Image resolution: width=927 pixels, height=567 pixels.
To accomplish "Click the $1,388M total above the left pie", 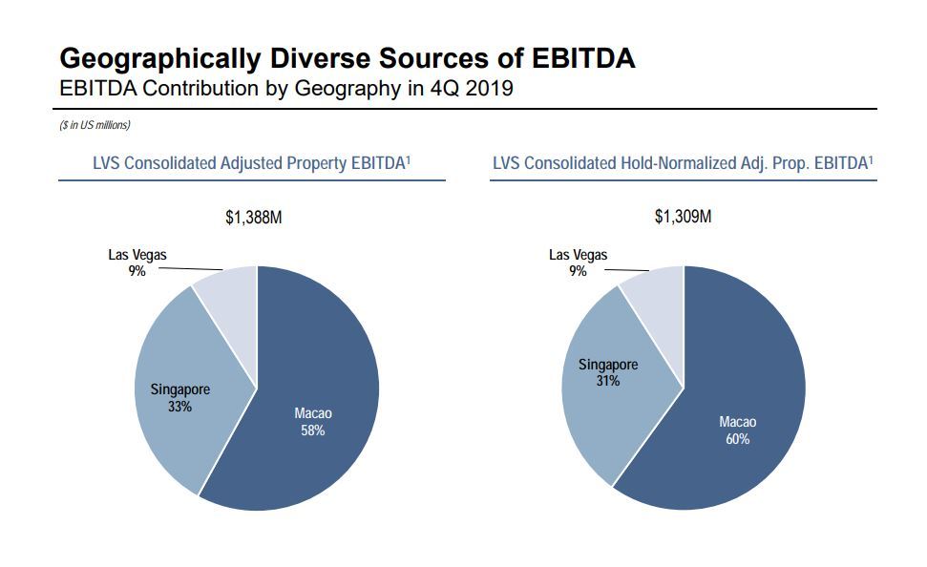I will pos(254,218).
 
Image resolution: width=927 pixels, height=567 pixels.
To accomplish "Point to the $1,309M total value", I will pos(683,217).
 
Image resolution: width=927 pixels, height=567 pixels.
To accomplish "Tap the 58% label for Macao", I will pos(313,430).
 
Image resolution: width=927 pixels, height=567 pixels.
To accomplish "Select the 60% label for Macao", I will pos(738,439).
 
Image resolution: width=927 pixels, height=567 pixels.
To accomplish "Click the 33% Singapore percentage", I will pos(180,407).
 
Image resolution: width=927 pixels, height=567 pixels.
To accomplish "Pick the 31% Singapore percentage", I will pos(608,381).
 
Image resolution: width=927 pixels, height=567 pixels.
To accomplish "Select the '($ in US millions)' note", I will pos(95,125).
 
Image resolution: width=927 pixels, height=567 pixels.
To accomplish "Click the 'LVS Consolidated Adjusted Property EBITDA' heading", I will pos(252,163).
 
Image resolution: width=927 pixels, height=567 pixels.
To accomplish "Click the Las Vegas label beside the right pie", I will pos(578,255).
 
